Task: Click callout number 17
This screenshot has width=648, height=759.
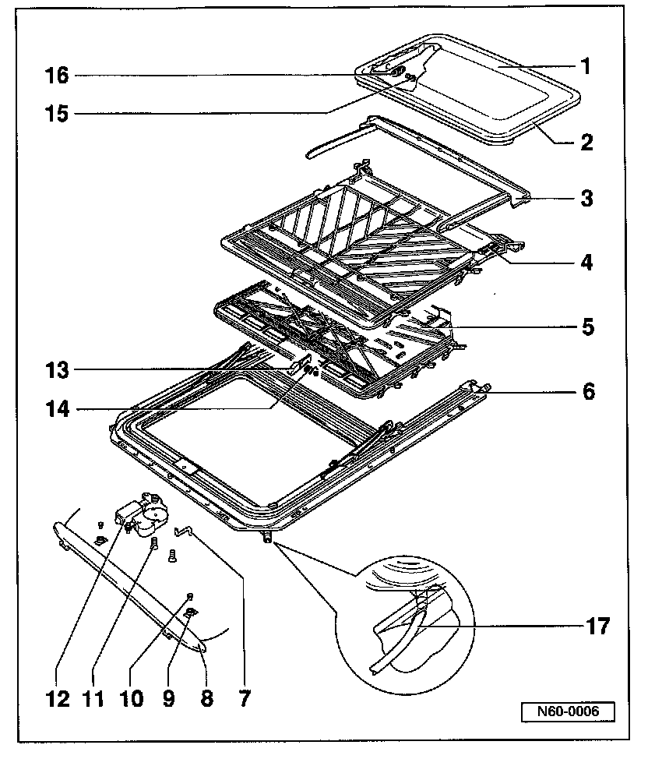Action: tap(596, 624)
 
